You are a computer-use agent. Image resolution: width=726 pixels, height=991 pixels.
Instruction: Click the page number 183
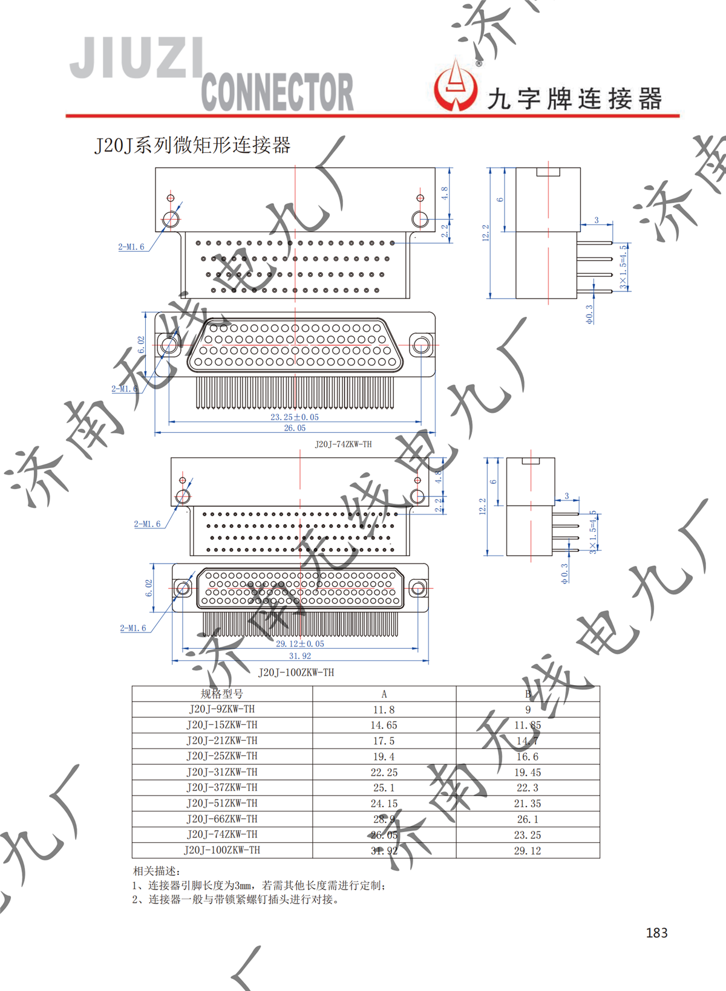coord(656,932)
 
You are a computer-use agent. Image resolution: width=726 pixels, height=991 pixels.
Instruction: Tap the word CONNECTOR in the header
coord(277,93)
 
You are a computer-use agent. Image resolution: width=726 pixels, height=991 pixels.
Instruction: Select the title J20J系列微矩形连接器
coord(192,146)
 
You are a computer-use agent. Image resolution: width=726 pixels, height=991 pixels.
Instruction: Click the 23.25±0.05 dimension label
coord(295,417)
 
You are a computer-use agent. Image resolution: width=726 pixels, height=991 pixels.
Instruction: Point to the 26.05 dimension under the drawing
coord(295,428)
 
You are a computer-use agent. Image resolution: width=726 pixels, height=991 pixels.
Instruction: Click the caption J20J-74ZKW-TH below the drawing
coord(343,444)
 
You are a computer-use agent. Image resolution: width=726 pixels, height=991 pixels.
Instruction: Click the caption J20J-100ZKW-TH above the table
coord(296,672)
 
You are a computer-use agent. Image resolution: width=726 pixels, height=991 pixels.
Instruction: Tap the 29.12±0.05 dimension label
coord(300,644)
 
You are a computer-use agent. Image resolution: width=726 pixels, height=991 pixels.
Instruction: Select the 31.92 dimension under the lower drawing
coord(300,656)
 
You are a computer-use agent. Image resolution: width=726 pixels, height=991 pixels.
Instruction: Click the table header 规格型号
coord(222,694)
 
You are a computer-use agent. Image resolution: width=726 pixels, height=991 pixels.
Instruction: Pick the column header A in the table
coord(384,694)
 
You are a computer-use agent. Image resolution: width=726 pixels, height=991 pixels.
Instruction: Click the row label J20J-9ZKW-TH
coord(222,709)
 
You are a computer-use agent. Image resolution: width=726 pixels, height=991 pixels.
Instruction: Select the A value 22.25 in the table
coord(384,773)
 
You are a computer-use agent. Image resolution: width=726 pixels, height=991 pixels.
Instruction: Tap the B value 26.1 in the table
coord(528,819)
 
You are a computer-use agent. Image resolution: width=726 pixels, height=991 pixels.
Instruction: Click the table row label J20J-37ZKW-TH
coord(222,788)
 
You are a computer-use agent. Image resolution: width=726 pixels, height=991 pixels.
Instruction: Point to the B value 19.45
coord(528,773)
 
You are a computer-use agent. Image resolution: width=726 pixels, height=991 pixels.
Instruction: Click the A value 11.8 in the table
coord(384,710)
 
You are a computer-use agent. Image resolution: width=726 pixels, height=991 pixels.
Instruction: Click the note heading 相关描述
coord(156,871)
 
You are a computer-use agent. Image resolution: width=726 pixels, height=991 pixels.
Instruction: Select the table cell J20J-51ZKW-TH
coord(222,804)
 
